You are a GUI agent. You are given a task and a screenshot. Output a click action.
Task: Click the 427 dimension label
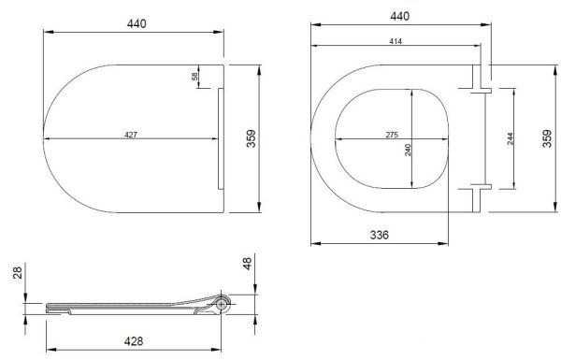[x=131, y=135]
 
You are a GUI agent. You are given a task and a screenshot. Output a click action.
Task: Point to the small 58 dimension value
[x=194, y=77]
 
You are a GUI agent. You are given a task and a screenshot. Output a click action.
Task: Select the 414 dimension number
[x=396, y=41]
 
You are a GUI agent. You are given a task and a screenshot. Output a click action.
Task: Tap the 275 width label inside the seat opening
[x=392, y=135]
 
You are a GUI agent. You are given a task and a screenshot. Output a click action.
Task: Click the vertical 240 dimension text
[x=408, y=150]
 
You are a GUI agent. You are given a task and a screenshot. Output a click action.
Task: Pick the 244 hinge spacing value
[x=511, y=138]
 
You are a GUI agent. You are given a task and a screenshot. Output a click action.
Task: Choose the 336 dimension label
[x=380, y=235]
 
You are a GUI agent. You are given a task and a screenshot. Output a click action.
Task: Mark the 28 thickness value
[x=18, y=272]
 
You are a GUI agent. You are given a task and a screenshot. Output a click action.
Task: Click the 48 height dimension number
[x=247, y=264]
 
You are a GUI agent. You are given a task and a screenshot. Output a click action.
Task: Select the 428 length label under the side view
[x=134, y=341]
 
